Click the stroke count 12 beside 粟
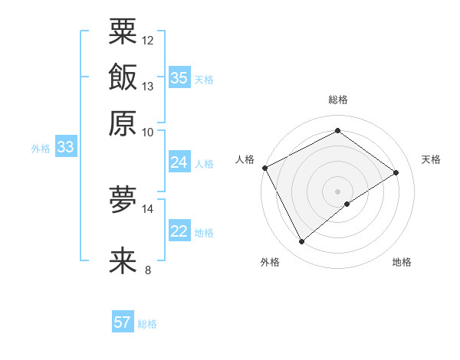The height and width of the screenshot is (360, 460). coord(148,40)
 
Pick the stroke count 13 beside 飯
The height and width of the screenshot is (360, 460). coord(148,86)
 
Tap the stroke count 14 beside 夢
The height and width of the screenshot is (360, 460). coord(148,208)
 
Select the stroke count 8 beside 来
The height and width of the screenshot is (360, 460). coord(148,270)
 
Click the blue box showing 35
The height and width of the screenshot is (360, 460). coord(179,78)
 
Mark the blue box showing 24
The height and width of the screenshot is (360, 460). coord(179,162)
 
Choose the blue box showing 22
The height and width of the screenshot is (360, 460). coord(179,231)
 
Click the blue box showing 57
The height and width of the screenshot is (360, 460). coord(123,322)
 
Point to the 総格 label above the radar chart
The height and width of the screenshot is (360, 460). coord(337,100)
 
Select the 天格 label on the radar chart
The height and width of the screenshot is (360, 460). coord(431,159)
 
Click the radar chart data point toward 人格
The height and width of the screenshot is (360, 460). coord(264,168)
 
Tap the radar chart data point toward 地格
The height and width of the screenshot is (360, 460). coord(347,204)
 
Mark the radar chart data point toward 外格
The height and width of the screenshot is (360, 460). coord(301,242)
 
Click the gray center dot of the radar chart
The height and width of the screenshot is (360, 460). coord(337,191)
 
